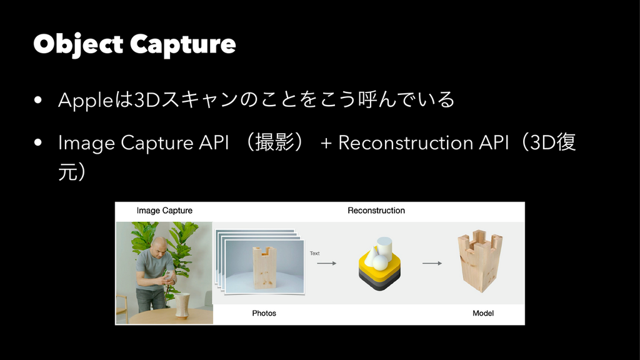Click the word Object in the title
coord(78,44)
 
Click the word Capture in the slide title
coord(183,45)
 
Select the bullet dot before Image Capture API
coord(38,142)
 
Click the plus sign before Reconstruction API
coord(326,143)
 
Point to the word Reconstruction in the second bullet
coord(405,142)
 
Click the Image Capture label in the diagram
coord(164,211)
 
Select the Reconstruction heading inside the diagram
coord(376,211)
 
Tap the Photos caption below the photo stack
coord(264,313)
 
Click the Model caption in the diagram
coord(483,313)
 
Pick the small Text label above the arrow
coord(315,253)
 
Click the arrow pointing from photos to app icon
coord(326,263)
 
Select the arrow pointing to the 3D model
coord(432,263)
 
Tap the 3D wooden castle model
coord(479,261)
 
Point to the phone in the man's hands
coord(167,275)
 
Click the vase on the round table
coord(182,305)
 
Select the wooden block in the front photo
coord(265,267)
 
